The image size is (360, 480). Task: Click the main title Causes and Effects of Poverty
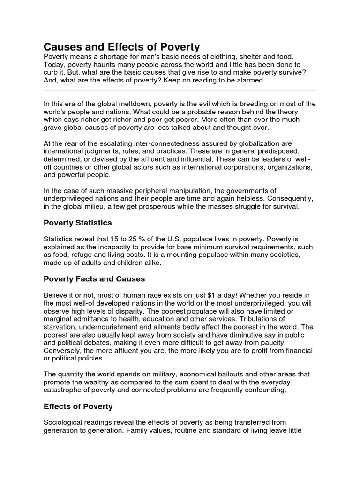122,47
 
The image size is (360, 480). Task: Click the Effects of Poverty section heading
78,406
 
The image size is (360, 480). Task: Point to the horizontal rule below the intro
180,90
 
